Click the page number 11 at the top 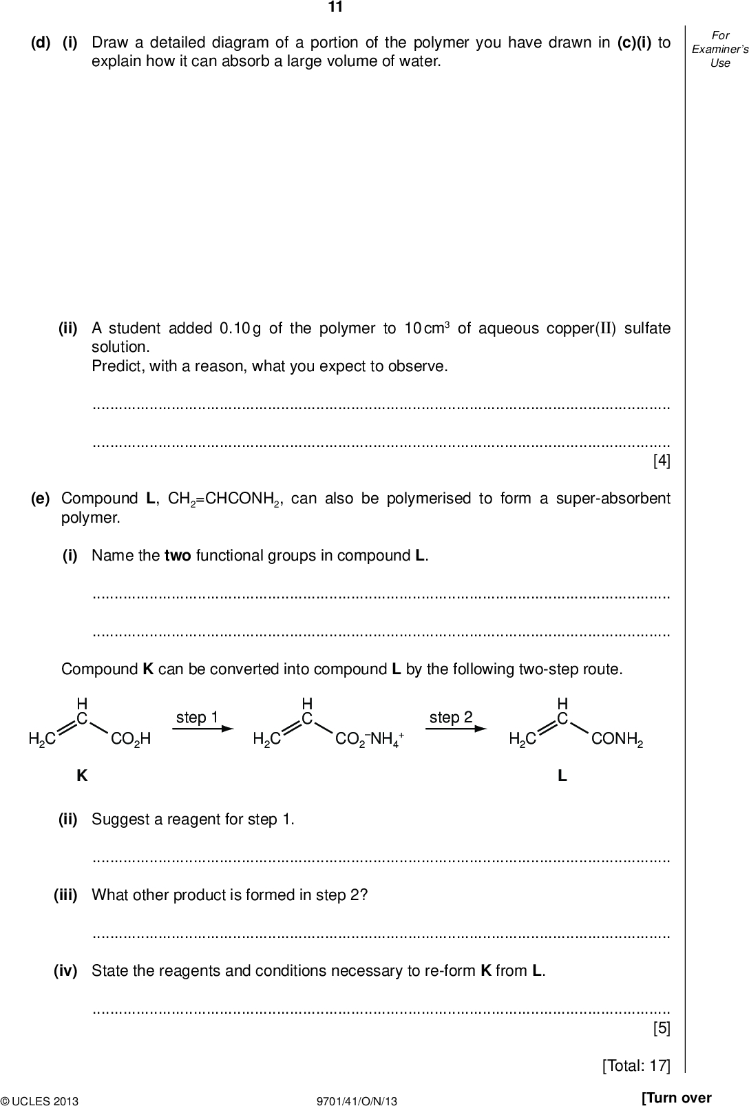335,8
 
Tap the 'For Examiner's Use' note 719,49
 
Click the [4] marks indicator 661,461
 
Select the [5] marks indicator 661,1028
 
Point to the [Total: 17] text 635,1065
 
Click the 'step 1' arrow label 197,718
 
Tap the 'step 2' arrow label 451,718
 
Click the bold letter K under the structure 82,776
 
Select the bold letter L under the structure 562,776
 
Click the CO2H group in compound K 130,740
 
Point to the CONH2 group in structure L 617,740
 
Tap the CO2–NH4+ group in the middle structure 369,740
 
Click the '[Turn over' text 675,1097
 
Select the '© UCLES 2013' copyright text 40,1101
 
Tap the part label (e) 40,498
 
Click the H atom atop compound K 82,703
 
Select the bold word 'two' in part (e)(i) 178,556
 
